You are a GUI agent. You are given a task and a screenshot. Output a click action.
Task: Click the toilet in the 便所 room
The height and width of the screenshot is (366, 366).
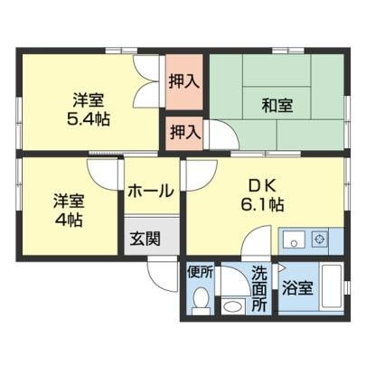click(201, 300)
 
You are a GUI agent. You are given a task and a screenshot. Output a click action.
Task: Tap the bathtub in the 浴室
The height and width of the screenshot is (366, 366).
click(332, 286)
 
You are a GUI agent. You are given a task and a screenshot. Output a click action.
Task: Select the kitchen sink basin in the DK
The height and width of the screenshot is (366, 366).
click(294, 239)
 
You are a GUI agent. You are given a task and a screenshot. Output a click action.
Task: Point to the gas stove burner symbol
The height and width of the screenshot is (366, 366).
click(319, 239)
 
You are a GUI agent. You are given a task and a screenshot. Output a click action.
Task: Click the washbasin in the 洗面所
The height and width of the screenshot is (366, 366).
click(233, 306)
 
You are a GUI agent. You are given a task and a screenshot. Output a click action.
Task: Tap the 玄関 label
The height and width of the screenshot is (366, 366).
click(145, 239)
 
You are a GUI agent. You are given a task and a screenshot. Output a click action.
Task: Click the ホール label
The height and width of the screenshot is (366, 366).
click(151, 191)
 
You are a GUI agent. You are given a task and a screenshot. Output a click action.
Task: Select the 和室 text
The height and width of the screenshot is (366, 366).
click(277, 106)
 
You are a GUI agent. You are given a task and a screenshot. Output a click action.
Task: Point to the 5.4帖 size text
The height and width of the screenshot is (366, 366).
click(88, 119)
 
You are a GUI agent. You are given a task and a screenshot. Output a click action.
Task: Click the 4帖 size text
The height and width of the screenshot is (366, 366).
click(69, 220)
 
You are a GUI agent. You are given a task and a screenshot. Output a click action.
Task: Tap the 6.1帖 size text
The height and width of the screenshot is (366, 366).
click(262, 205)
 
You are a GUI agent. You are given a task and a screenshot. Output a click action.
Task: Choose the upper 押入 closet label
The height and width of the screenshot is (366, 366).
click(184, 81)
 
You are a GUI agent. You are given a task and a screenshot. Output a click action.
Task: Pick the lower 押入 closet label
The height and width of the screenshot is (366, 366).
click(185, 132)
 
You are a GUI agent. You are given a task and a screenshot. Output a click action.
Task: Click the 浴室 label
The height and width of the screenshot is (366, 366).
click(297, 288)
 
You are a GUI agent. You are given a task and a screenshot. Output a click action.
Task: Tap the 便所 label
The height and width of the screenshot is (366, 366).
click(201, 273)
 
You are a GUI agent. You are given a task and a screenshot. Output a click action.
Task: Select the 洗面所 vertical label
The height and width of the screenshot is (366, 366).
click(259, 288)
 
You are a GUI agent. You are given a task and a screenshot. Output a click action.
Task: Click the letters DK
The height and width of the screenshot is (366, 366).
click(262, 186)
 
